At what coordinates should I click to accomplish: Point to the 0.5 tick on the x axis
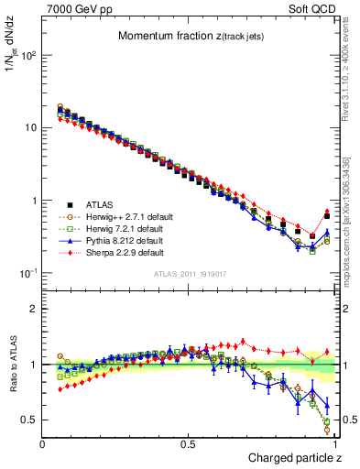[189, 442]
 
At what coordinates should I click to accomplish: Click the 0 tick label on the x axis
[43, 442]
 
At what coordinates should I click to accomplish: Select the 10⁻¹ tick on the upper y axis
[29, 274]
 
